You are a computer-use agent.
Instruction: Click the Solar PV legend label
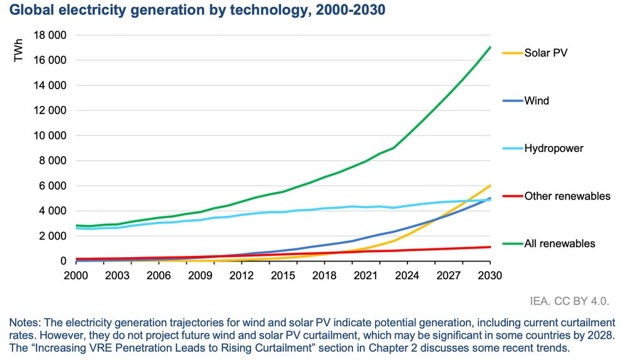546,53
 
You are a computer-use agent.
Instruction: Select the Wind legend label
537,100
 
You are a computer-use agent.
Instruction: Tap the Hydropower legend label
554,149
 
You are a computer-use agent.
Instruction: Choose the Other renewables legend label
567,196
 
